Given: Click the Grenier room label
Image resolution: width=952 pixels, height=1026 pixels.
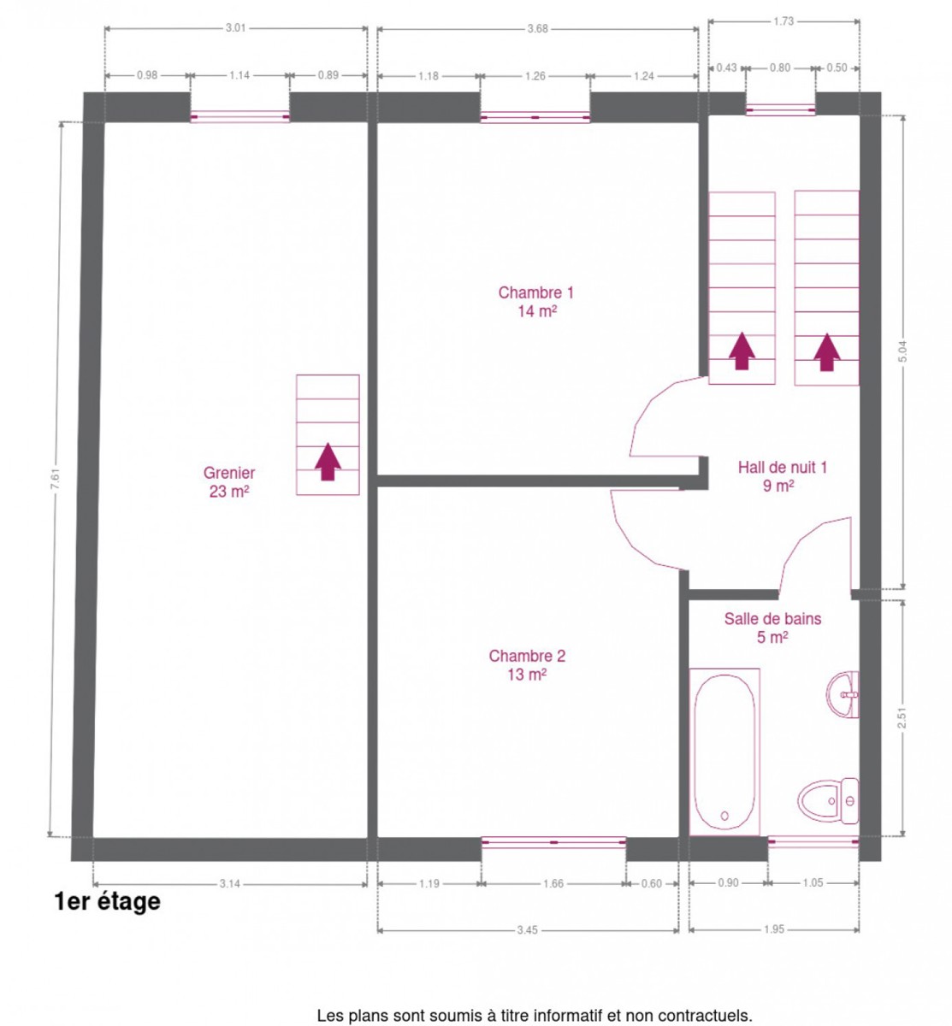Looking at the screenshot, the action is coord(228,481).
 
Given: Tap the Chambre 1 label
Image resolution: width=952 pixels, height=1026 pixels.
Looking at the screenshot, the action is coord(535,302).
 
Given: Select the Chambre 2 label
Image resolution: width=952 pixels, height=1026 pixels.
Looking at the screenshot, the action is coord(527,665).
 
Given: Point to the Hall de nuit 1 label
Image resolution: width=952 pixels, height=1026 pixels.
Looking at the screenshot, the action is coord(782,476).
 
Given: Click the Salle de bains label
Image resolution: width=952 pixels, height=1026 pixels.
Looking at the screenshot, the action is coord(772,628).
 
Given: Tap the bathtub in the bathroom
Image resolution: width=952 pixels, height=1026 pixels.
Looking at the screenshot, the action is coord(724,751).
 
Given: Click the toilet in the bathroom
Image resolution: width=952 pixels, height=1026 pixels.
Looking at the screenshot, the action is coord(827,801).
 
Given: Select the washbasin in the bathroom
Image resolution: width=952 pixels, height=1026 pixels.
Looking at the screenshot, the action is coord(843,694).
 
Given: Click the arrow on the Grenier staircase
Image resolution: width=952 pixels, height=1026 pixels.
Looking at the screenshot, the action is coord(328,462).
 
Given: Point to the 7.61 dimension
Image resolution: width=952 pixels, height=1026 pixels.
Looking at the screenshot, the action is coord(56,481).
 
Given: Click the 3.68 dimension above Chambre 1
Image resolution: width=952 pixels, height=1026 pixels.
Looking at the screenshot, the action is coord(537,29).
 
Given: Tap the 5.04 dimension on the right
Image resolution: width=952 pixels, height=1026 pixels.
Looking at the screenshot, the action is coord(902,351).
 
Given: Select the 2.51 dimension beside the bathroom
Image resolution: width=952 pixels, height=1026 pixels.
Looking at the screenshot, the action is coord(902,718).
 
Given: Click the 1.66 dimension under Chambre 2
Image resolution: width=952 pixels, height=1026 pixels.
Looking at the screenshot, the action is coord(553,883).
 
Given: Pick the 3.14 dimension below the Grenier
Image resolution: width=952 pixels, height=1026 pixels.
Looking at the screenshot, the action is coord(229,884).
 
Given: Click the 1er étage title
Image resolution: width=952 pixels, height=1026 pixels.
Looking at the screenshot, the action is coord(108,901).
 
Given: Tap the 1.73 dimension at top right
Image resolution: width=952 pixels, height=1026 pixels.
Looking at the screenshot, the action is coord(783,21).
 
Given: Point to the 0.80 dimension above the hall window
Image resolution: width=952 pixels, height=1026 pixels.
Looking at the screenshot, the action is coord(780,68).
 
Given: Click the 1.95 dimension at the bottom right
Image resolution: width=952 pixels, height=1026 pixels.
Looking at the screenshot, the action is coord(774,929).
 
